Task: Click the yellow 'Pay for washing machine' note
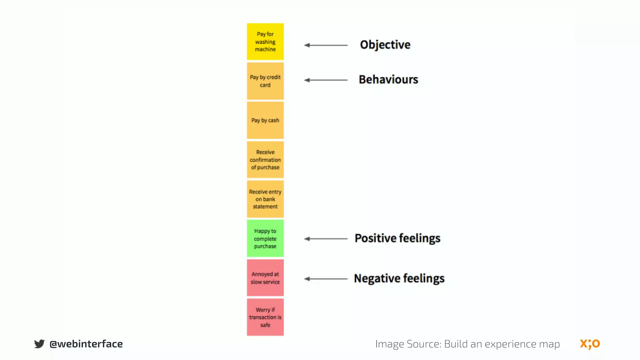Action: click(265, 42)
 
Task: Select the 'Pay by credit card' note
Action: click(265, 81)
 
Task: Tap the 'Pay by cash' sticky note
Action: click(265, 120)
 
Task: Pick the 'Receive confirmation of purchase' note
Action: click(265, 160)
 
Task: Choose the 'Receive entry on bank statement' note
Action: click(265, 199)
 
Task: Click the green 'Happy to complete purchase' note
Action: click(265, 238)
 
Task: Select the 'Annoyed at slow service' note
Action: click(265, 278)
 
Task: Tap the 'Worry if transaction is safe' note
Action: click(265, 317)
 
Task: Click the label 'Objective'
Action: click(385, 45)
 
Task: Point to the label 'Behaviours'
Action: click(388, 80)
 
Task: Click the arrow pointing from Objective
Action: click(326, 45)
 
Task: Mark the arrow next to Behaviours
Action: click(326, 80)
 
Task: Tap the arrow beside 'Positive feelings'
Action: click(326, 239)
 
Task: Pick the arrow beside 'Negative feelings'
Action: click(326, 279)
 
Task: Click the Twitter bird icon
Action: click(39, 344)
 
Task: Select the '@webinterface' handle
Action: click(86, 344)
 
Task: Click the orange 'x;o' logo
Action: click(590, 344)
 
